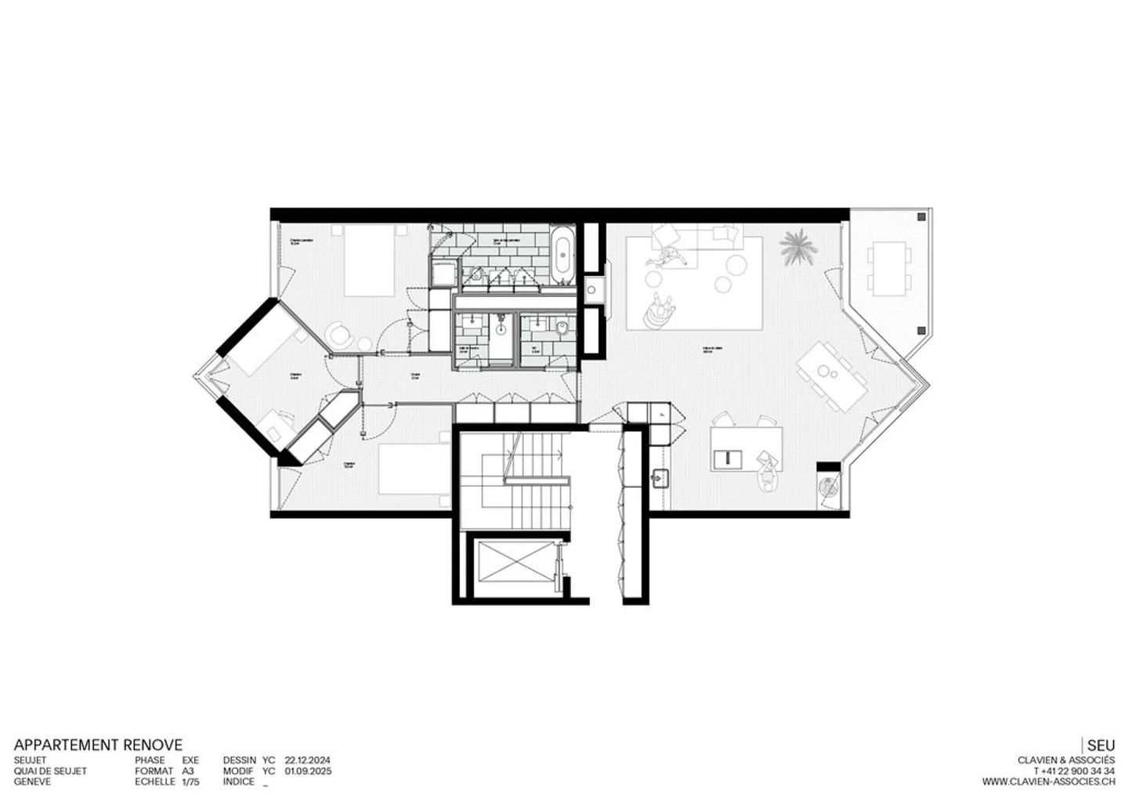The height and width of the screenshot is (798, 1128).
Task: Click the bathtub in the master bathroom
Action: pos(562,255)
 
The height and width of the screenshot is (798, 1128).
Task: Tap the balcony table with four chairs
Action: pos(888,268)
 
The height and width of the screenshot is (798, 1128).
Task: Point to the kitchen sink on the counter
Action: pos(660,475)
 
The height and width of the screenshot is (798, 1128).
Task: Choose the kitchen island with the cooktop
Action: pos(746,448)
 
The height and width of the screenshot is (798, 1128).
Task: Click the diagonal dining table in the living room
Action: pos(833,375)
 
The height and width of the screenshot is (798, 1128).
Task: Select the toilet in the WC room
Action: pos(561,328)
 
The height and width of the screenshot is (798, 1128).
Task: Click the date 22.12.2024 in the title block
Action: pos(308,760)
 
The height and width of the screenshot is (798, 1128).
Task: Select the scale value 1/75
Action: pos(190,782)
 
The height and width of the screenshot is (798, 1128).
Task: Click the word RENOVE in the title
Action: pos(153,745)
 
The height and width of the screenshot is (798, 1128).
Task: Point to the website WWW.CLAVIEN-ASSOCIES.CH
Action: pos(1048,782)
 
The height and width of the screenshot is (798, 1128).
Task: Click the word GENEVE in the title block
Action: pos(32,782)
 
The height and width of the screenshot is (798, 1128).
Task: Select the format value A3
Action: pos(187,771)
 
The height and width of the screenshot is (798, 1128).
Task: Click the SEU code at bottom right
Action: pos(1101,745)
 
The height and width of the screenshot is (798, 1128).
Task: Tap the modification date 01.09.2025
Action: pos(308,771)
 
